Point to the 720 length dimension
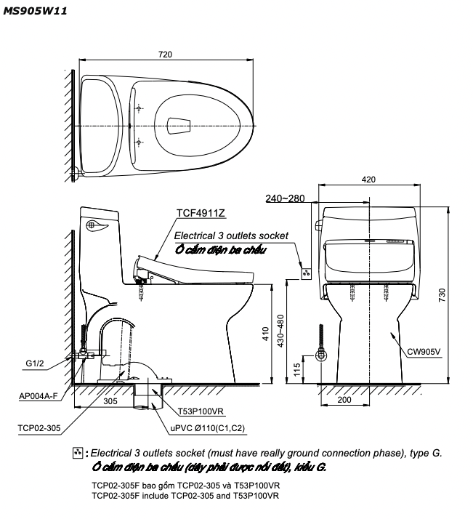[165, 55]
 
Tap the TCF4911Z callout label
[201, 213]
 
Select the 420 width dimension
[368, 180]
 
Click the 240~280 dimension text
[285, 198]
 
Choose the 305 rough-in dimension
[110, 401]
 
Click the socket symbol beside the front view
[306, 273]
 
